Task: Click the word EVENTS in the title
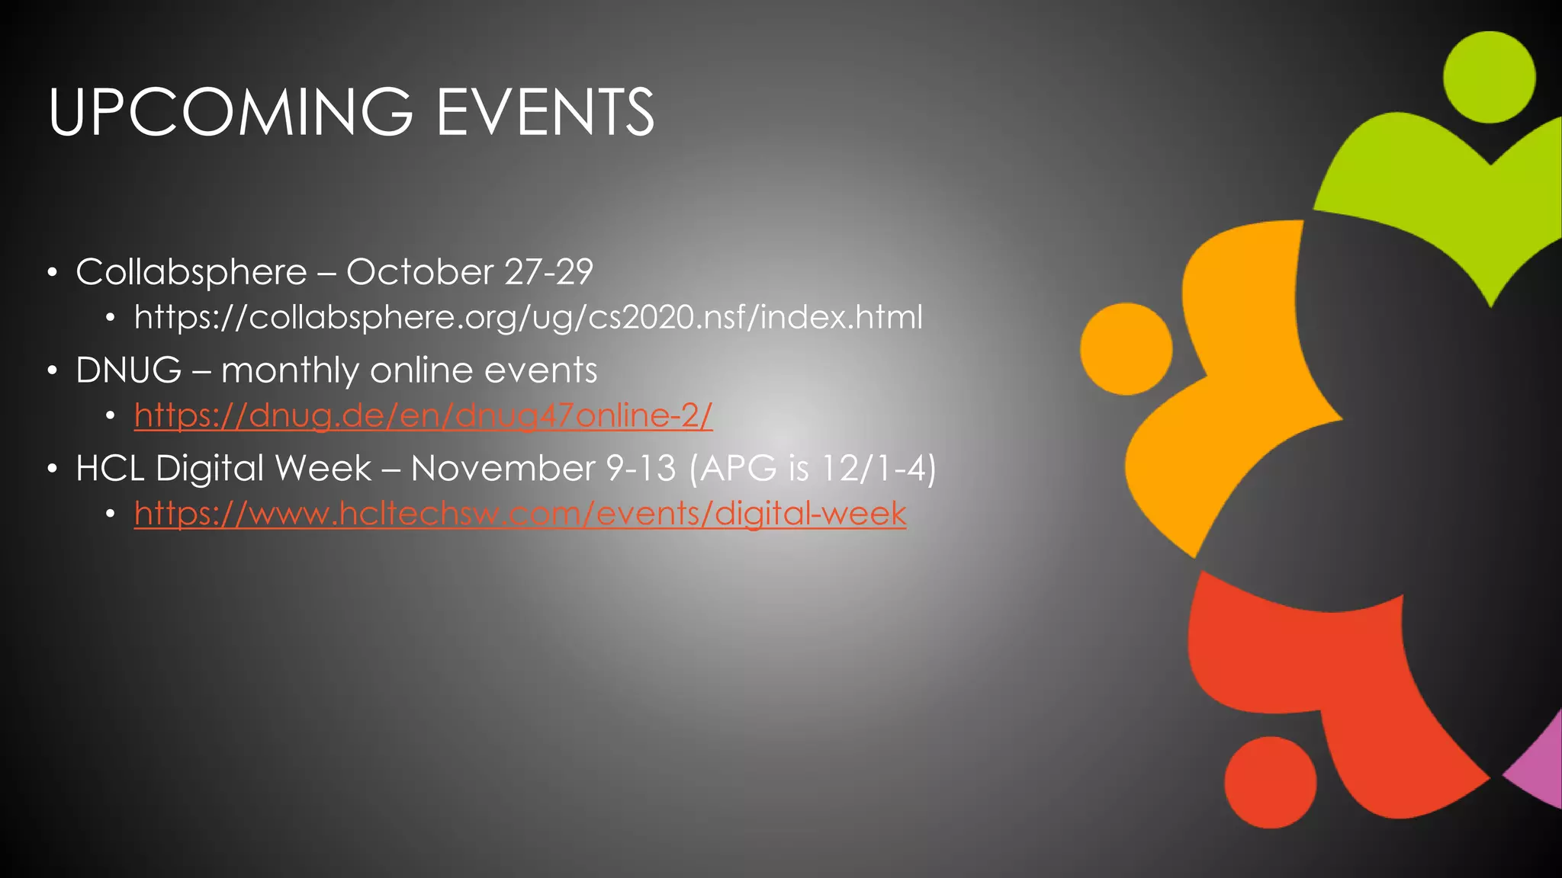point(545,112)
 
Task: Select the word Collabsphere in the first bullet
point(191,272)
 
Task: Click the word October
point(419,272)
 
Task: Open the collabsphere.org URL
point(528,317)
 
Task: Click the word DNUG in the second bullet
point(128,370)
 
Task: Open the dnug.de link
point(423,415)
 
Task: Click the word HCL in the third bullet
point(110,468)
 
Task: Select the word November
point(503,468)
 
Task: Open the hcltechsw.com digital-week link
point(520,513)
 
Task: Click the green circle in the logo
point(1489,77)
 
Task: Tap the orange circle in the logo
point(1127,349)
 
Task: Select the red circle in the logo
point(1271,782)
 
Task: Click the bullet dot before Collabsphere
point(52,273)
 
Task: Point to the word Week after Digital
point(323,468)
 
